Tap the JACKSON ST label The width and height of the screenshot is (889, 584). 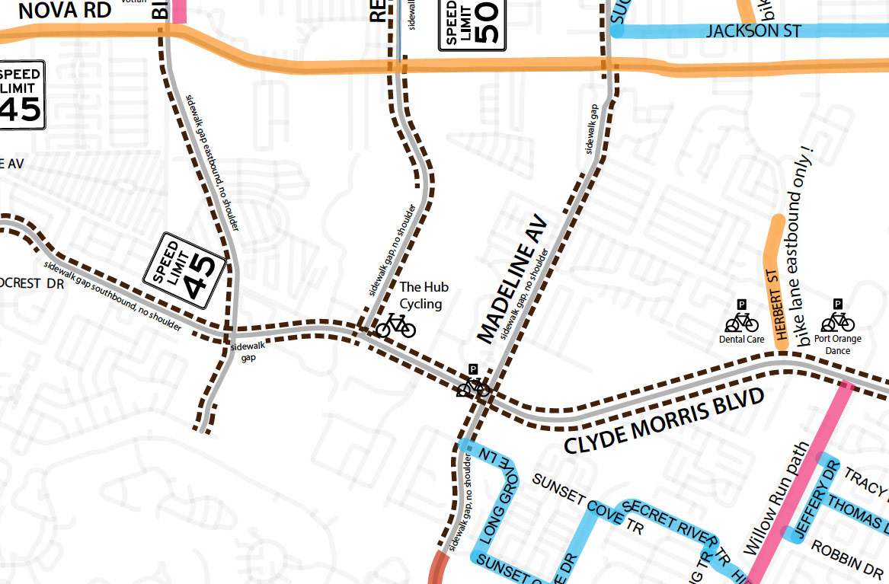(x=753, y=31)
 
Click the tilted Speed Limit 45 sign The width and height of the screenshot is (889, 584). (x=185, y=271)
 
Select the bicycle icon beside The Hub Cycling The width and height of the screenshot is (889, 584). (x=395, y=325)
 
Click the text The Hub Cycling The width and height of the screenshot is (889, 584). (x=424, y=295)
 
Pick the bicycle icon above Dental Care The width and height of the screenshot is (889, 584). (x=741, y=322)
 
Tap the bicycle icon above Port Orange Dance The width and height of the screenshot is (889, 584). (x=837, y=322)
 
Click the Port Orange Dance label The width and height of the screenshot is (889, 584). (x=837, y=345)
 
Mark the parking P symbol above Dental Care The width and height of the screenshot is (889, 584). (x=741, y=305)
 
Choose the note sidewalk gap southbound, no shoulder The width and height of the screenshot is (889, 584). (x=113, y=297)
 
